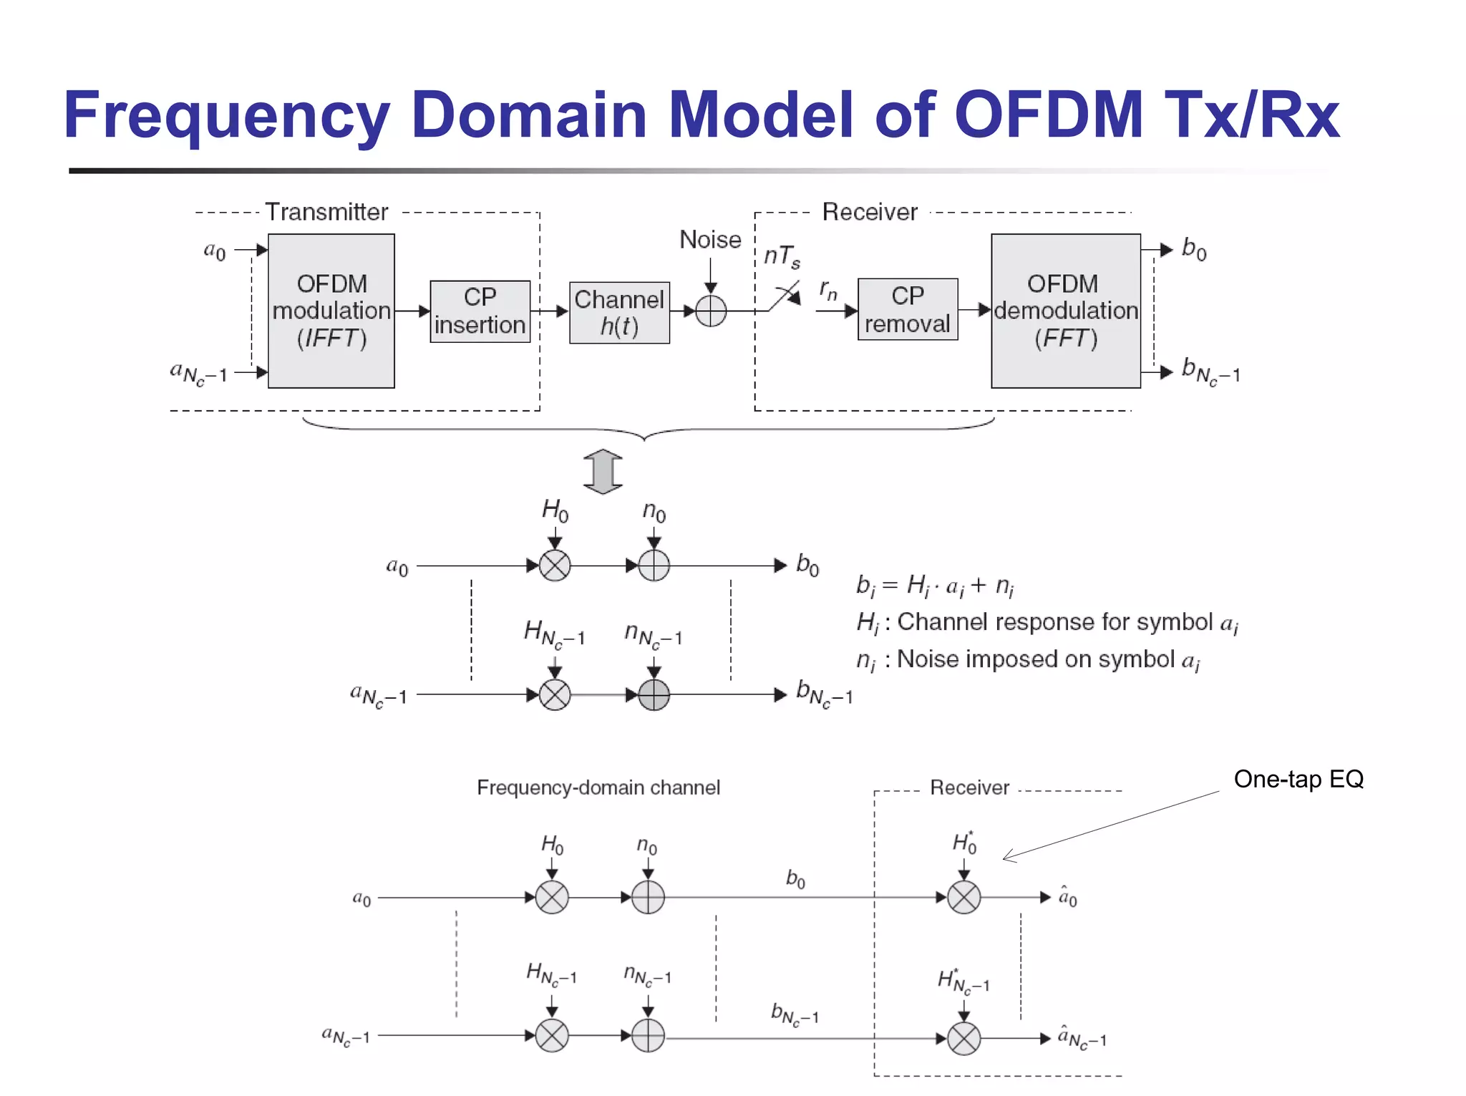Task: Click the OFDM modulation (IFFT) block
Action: [x=331, y=311]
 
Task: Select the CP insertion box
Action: [x=480, y=311]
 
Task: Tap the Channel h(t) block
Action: [x=619, y=313]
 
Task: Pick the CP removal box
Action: [x=907, y=309]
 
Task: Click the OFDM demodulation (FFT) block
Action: [x=1065, y=311]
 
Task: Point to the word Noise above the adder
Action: [x=709, y=240]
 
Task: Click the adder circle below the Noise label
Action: [x=710, y=311]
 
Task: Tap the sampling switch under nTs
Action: [x=785, y=296]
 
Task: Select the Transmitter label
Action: [x=326, y=212]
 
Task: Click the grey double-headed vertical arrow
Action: [x=603, y=472]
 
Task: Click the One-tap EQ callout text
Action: [x=1298, y=779]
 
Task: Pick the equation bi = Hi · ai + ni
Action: [x=934, y=586]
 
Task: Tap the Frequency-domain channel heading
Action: [x=598, y=787]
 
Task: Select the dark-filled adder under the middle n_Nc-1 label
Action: [x=654, y=694]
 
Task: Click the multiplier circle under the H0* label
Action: [x=963, y=898]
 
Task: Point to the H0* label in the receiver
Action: [x=964, y=843]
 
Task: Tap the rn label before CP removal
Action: [x=828, y=291]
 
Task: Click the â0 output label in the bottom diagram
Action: [x=1067, y=898]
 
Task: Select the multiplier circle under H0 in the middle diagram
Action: [x=555, y=566]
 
